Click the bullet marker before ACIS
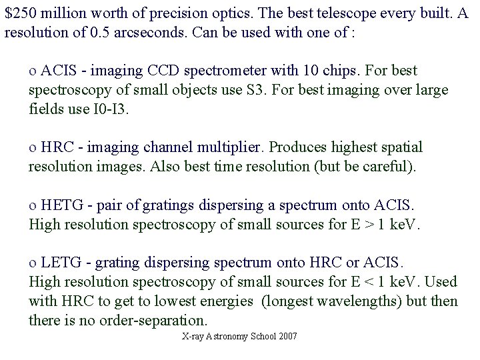[32, 71]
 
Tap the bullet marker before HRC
[32, 147]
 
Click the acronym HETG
[60, 205]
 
